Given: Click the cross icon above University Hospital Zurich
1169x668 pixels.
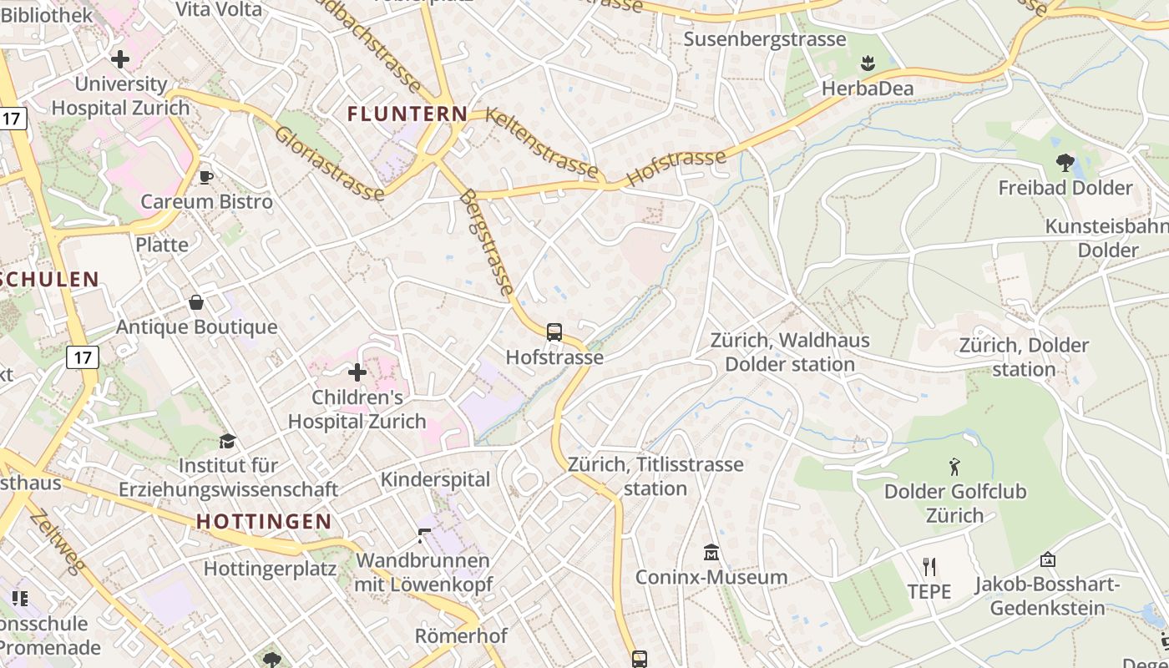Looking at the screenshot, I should click(120, 59).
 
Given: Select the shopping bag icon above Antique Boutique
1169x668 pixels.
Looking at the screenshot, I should click(196, 301).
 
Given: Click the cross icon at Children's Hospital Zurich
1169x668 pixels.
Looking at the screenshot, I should click(357, 372).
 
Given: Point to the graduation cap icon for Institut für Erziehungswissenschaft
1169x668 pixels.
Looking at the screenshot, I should click(227, 441).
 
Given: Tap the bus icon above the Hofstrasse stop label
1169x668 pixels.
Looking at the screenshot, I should click(554, 331).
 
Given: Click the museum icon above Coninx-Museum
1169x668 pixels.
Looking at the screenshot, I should click(711, 552).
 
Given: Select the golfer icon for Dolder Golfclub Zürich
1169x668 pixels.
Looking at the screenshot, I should click(955, 466).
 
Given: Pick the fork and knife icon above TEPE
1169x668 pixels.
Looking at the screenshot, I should click(929, 567).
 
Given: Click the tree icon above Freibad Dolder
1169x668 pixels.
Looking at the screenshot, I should click(1065, 162).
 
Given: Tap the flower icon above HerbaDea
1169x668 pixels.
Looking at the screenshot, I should click(868, 63).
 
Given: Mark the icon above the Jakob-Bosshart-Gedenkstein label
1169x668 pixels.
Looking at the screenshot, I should click(1047, 559).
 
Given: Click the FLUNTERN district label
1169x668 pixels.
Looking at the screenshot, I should click(407, 114).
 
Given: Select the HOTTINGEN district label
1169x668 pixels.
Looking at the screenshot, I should click(264, 522).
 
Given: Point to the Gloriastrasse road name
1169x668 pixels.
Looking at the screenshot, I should click(329, 164).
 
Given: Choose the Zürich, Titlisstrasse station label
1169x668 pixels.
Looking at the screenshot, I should click(655, 476).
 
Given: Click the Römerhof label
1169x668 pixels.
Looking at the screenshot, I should click(461, 636).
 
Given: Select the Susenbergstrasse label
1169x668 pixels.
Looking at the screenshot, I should click(765, 39).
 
